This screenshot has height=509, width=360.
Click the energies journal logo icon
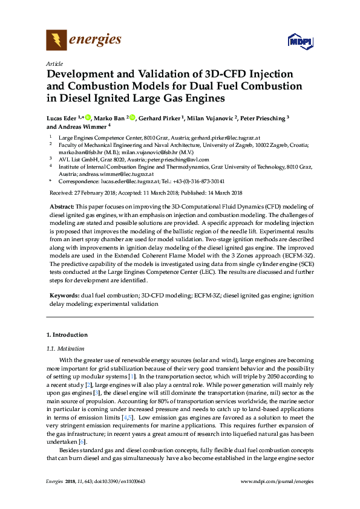[x=57, y=41]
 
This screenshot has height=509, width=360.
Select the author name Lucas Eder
[x=64, y=118]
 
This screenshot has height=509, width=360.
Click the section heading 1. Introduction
[x=67, y=335]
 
